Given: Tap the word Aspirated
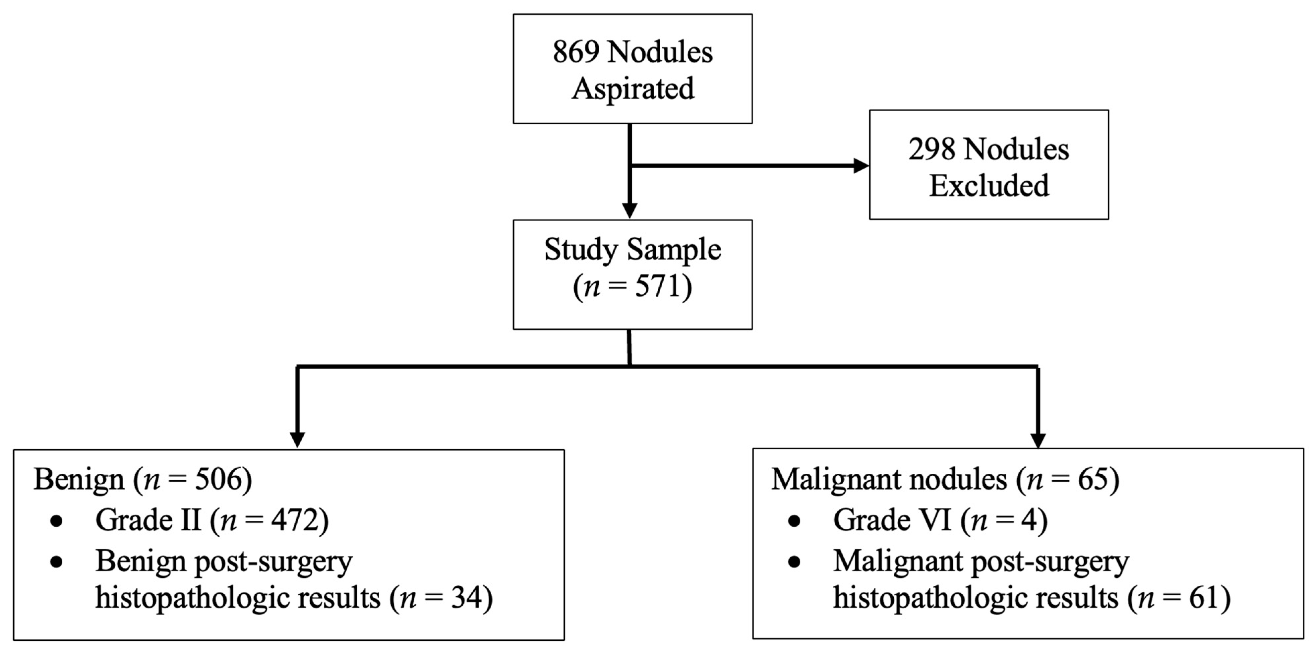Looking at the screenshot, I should (632, 89).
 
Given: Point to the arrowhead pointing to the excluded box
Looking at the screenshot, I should (861, 165).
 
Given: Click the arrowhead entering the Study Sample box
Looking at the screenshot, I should (629, 210).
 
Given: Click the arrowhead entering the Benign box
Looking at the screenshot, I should (297, 440).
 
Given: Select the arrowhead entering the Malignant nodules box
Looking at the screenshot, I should (1038, 440).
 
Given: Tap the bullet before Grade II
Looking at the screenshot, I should (57, 521).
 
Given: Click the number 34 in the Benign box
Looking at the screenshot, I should (466, 597).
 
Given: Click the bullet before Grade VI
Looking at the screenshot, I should (794, 521).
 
